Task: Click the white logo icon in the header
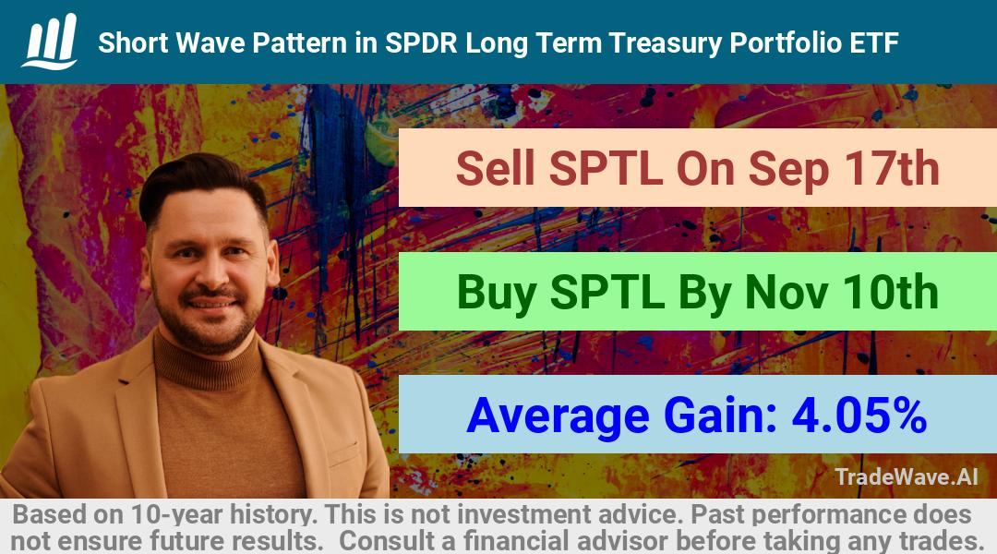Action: pyautogui.click(x=50, y=42)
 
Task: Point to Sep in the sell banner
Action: pyautogui.click(x=788, y=171)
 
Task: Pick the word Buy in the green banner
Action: pyautogui.click(x=497, y=294)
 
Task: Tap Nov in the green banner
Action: pyautogui.click(x=786, y=293)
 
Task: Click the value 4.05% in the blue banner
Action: pyautogui.click(x=859, y=415)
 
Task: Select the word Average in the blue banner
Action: pyautogui.click(x=558, y=416)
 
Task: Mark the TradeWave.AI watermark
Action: pyautogui.click(x=907, y=476)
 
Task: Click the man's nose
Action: pyautogui.click(x=210, y=271)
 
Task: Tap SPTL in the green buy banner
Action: pyautogui.click(x=607, y=293)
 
